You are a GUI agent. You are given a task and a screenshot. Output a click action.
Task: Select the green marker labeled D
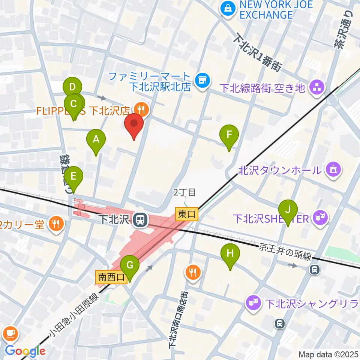(72, 89)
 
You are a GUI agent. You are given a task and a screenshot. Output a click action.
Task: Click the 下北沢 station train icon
(140, 219)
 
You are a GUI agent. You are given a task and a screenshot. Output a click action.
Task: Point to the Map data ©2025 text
(328, 354)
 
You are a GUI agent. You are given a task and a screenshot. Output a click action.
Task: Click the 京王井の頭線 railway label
(285, 254)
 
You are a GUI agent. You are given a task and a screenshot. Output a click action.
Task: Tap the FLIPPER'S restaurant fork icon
(141, 109)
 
